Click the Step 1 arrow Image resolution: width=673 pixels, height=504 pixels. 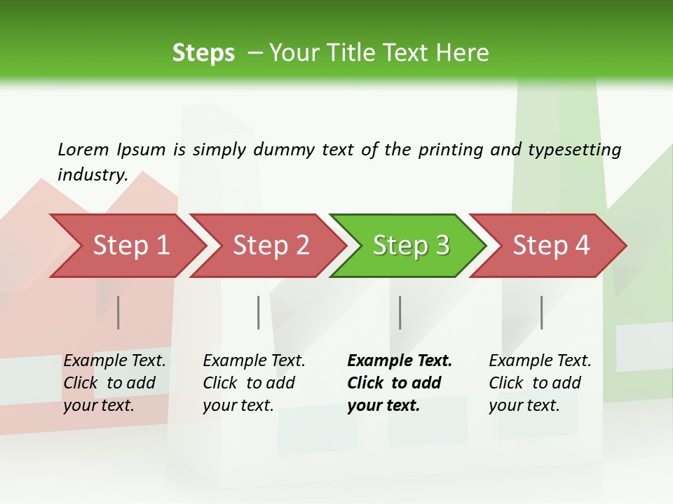click(130, 246)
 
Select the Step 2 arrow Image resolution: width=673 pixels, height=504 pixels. click(271, 246)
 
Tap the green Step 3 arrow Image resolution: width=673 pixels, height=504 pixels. click(411, 246)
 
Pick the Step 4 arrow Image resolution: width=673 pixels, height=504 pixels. click(551, 246)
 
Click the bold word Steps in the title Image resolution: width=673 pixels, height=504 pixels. click(203, 52)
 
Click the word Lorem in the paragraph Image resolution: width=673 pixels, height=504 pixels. click(83, 149)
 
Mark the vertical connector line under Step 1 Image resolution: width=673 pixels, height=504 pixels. click(118, 312)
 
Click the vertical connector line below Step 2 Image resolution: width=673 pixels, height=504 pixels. click(259, 312)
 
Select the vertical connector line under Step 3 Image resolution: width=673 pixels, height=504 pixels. click(400, 312)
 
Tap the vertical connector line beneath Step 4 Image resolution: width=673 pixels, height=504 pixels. click(542, 312)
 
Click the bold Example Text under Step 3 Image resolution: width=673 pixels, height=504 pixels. click(400, 361)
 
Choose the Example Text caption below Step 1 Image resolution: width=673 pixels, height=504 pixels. click(114, 361)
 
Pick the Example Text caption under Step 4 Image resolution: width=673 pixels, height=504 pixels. click(540, 361)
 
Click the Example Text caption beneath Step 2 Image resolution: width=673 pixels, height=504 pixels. click(254, 361)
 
